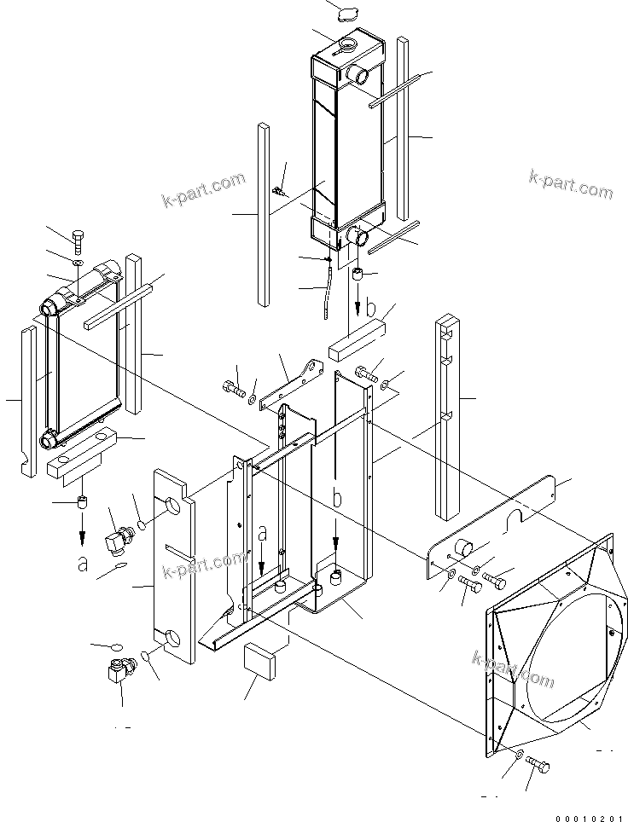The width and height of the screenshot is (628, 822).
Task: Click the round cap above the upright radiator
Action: (347, 14)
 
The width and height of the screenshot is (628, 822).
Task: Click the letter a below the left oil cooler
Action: (82, 562)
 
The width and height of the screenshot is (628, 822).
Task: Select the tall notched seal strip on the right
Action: (448, 418)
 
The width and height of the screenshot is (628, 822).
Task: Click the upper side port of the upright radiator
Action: (358, 75)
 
